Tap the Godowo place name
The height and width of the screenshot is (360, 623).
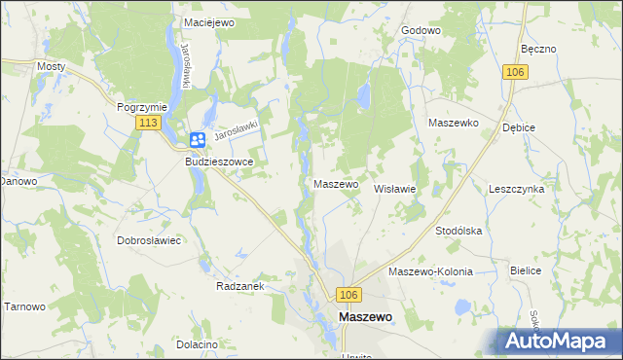point(421,30)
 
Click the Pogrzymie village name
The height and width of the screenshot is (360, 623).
point(143,107)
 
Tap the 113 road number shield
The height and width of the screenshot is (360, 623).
point(149,123)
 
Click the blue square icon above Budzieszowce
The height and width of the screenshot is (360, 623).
point(198,140)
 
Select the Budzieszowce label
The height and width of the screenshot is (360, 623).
point(219,162)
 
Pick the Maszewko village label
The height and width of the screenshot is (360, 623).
point(453,124)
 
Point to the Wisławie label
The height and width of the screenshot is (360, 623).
point(395,189)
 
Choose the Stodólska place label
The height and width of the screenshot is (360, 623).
point(459,231)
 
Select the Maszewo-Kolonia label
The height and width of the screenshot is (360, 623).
point(430,271)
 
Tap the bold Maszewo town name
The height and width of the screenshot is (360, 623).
point(365,317)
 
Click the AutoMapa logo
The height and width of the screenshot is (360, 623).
point(559,342)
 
